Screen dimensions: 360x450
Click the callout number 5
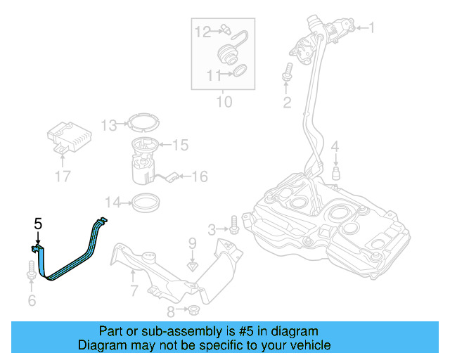39,224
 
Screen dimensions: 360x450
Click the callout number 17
63,176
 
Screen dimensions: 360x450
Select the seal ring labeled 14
143,204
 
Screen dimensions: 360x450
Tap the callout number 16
200,176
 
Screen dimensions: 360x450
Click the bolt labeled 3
233,227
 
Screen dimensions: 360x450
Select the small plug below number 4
336,172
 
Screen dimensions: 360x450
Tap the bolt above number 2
287,73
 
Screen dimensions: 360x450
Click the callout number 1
371,29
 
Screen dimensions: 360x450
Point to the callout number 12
202,31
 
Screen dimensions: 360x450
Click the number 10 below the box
223,102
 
